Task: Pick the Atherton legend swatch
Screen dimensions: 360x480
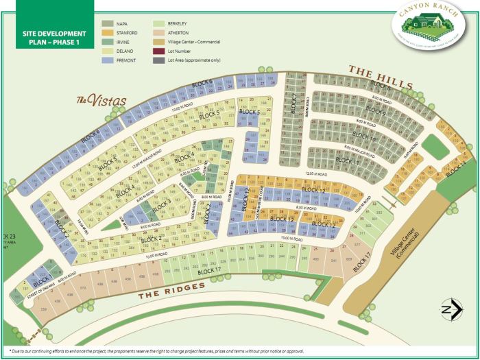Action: pos(157,33)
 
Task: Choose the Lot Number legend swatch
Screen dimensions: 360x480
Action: pos(157,51)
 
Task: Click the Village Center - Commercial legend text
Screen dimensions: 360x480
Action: pos(193,42)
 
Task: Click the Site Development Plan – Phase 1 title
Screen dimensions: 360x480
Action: pos(47,38)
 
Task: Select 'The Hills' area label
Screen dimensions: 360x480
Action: pos(380,77)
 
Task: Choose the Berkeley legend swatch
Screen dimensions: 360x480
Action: pos(157,24)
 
